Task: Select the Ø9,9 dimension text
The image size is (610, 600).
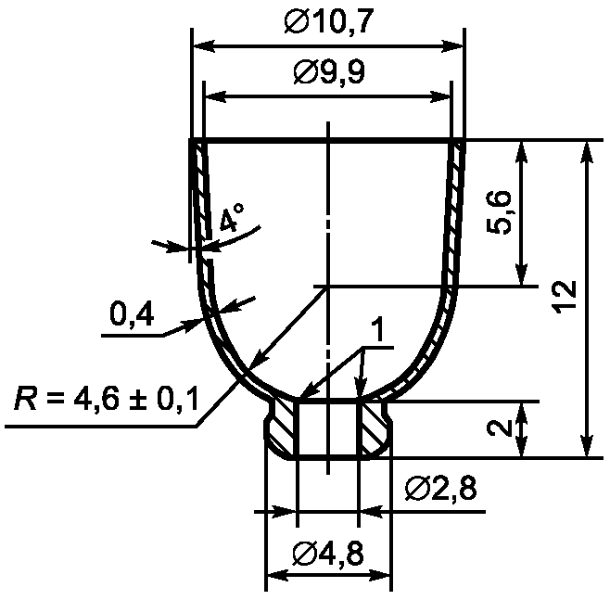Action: (x=329, y=73)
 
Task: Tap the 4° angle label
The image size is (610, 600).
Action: (x=232, y=217)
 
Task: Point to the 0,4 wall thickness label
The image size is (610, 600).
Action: (x=132, y=313)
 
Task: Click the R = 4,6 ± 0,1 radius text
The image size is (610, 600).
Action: (x=107, y=398)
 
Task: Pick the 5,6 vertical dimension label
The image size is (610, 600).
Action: (x=499, y=212)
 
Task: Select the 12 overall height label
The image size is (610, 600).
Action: (x=564, y=295)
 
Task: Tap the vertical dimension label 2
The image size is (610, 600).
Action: (x=499, y=428)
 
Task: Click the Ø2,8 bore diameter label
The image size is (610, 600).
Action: (x=440, y=489)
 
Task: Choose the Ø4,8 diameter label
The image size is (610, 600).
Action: (x=329, y=554)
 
